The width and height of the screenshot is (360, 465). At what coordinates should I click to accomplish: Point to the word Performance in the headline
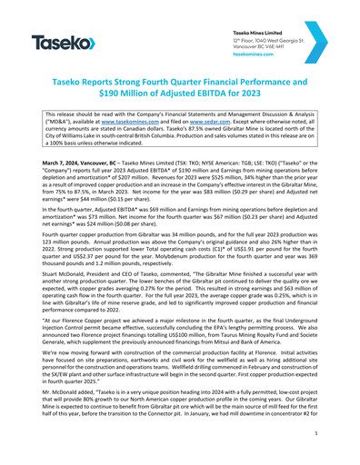294,81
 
